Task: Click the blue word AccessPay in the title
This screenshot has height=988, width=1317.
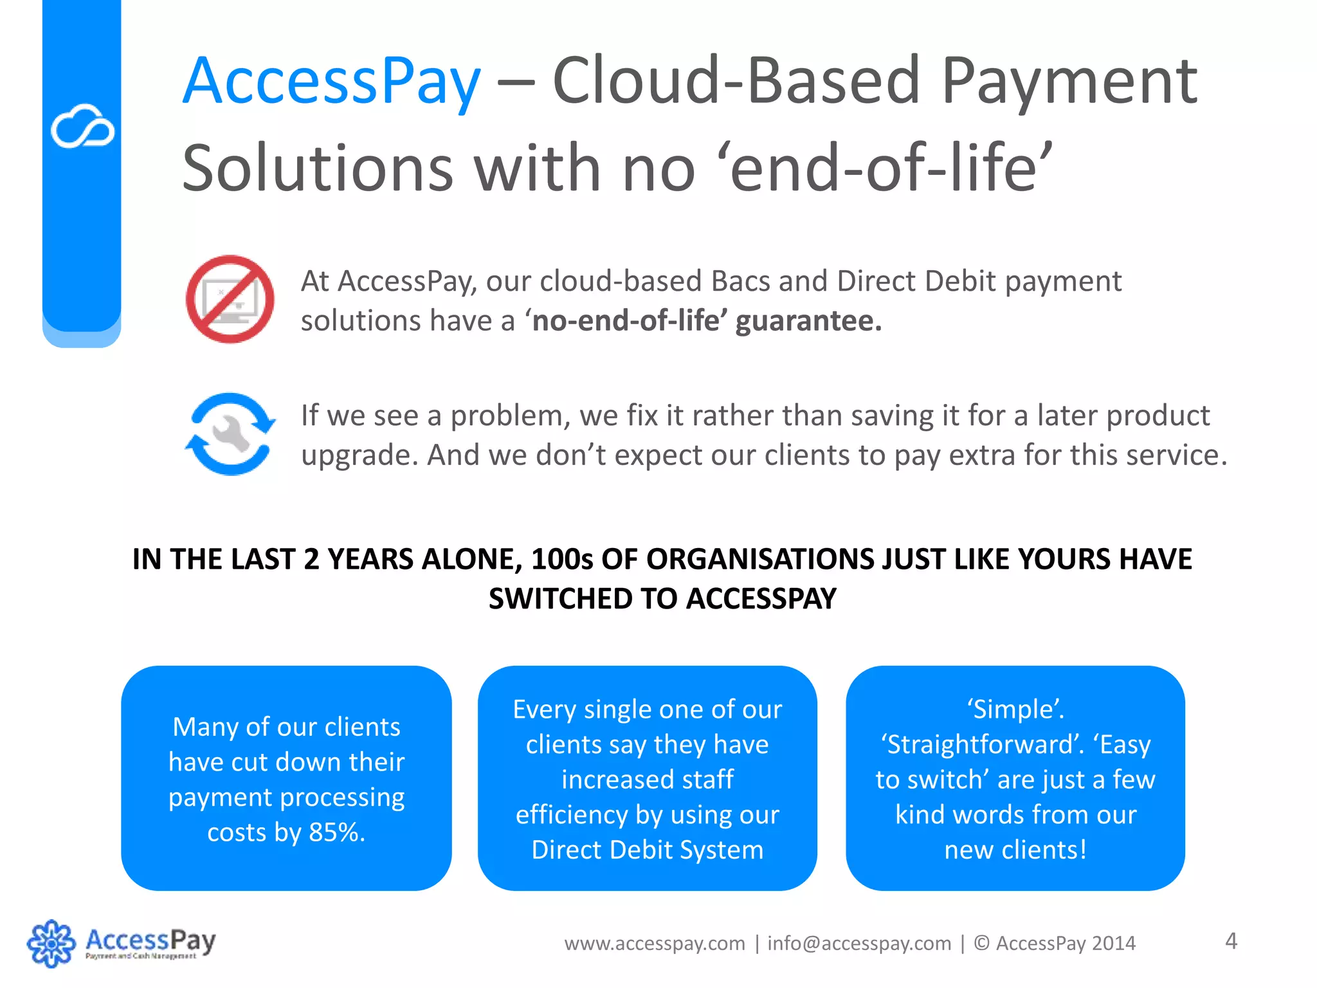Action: point(332,82)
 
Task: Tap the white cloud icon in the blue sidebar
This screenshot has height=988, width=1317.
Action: point(82,126)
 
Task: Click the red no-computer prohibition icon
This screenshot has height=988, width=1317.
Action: point(230,299)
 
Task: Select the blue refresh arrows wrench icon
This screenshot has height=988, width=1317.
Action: point(230,434)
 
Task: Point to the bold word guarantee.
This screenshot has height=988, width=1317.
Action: point(808,321)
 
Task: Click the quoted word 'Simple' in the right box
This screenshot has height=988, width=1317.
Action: point(1015,709)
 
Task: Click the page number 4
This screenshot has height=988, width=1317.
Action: point(1231,941)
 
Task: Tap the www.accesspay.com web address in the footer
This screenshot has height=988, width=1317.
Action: point(655,944)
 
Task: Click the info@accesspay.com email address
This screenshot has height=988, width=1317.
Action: point(859,944)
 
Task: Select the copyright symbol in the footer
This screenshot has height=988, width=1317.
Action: point(981,944)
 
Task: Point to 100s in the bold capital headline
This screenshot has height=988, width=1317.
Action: point(562,559)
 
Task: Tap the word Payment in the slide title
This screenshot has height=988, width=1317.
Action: point(1069,82)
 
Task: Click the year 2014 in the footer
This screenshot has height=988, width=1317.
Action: point(1114,944)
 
